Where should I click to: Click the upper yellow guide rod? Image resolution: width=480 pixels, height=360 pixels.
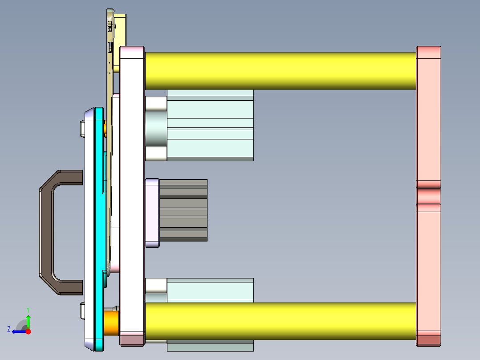coord(281,70)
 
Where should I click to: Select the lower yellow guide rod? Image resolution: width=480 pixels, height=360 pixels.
coord(281,321)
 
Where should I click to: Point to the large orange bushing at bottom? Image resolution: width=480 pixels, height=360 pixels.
coord(111,322)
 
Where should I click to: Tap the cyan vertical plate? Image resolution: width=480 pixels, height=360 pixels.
coord(99,223)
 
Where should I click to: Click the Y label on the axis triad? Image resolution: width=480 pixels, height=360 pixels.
coord(28,309)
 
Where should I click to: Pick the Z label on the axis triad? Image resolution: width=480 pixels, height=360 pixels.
coord(9,329)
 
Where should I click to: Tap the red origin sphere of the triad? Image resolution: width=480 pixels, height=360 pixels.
coord(28,331)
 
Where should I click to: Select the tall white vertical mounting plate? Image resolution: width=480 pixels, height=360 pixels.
coord(132,196)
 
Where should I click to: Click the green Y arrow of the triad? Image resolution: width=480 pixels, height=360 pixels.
coord(28,321)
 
